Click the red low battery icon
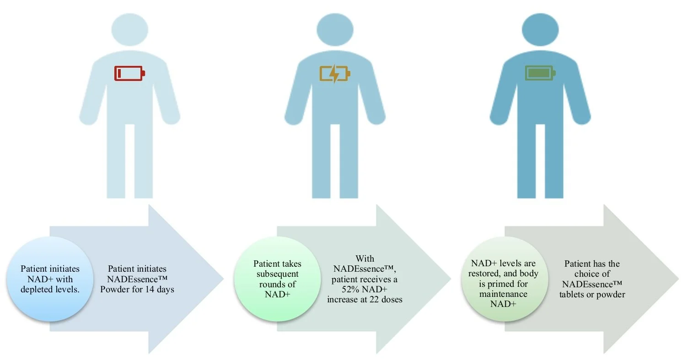point(129,73)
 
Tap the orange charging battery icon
point(335,73)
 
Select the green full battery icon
point(540,73)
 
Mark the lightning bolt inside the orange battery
point(335,73)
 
